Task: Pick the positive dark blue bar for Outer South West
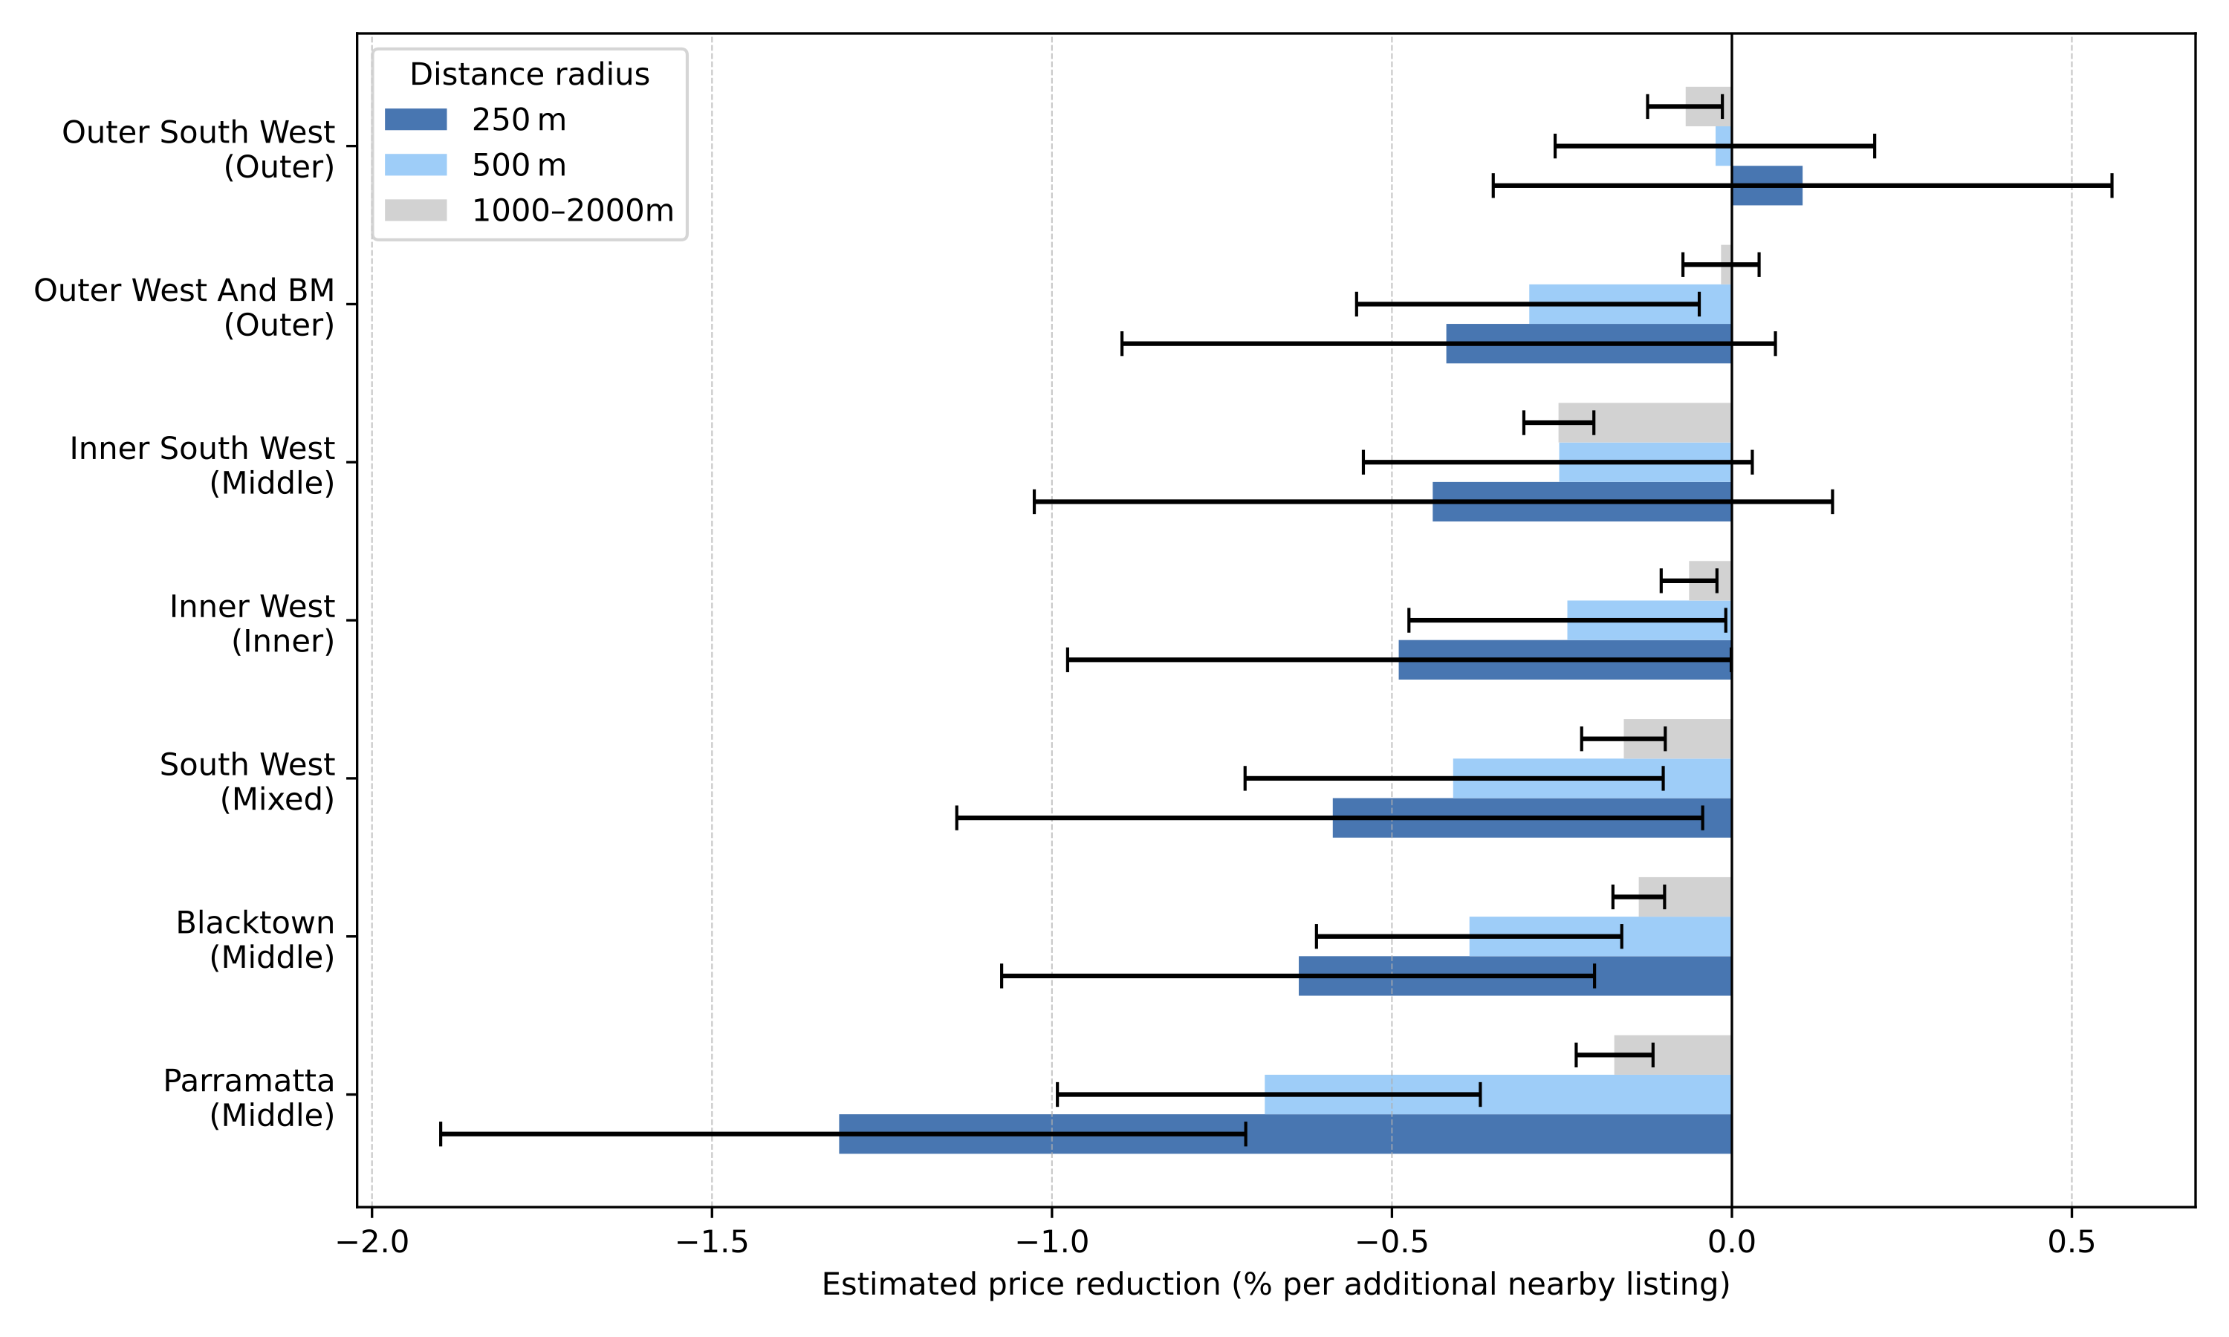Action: coord(1766,186)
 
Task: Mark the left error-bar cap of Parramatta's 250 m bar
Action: coord(441,1133)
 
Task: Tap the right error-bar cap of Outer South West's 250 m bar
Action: coord(2111,186)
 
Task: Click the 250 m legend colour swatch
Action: coord(415,120)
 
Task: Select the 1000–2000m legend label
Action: coord(572,211)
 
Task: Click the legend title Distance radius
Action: coord(529,74)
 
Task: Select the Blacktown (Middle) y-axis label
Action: coord(255,940)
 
